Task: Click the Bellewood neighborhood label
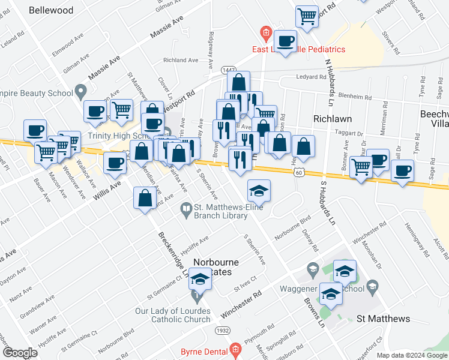coord(51,10)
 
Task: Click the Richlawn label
coord(332,119)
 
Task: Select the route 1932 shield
coord(221,331)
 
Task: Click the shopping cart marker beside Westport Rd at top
coord(307,17)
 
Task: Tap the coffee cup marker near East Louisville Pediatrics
coord(286,41)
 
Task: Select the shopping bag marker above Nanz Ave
coord(145,197)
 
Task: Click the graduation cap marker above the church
coord(200,280)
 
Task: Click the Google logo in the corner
coord(20,352)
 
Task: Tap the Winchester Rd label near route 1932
coord(241,305)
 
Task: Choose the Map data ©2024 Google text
coord(412,355)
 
